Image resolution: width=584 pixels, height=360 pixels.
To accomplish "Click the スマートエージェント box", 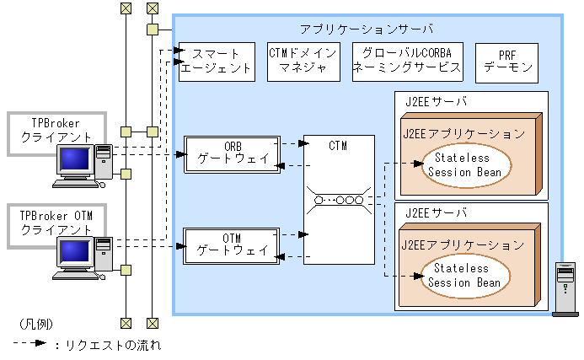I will pyautogui.click(x=216, y=61).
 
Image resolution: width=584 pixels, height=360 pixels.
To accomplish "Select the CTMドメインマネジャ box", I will pyautogui.click(x=303, y=61).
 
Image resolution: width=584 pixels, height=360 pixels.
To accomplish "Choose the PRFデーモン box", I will pyautogui.click(x=508, y=61).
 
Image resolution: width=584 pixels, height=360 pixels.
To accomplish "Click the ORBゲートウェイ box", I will pyautogui.click(x=232, y=153).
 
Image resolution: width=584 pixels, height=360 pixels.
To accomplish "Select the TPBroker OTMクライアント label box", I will pyautogui.click(x=50, y=223).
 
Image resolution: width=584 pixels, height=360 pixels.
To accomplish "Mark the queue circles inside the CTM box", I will pyautogui.click(x=338, y=200).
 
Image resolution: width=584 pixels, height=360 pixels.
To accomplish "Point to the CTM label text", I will pyautogui.click(x=337, y=147).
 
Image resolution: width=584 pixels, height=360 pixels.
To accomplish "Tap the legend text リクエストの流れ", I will pyautogui.click(x=112, y=345).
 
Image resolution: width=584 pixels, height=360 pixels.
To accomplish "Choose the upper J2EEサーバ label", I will pyautogui.click(x=435, y=101).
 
